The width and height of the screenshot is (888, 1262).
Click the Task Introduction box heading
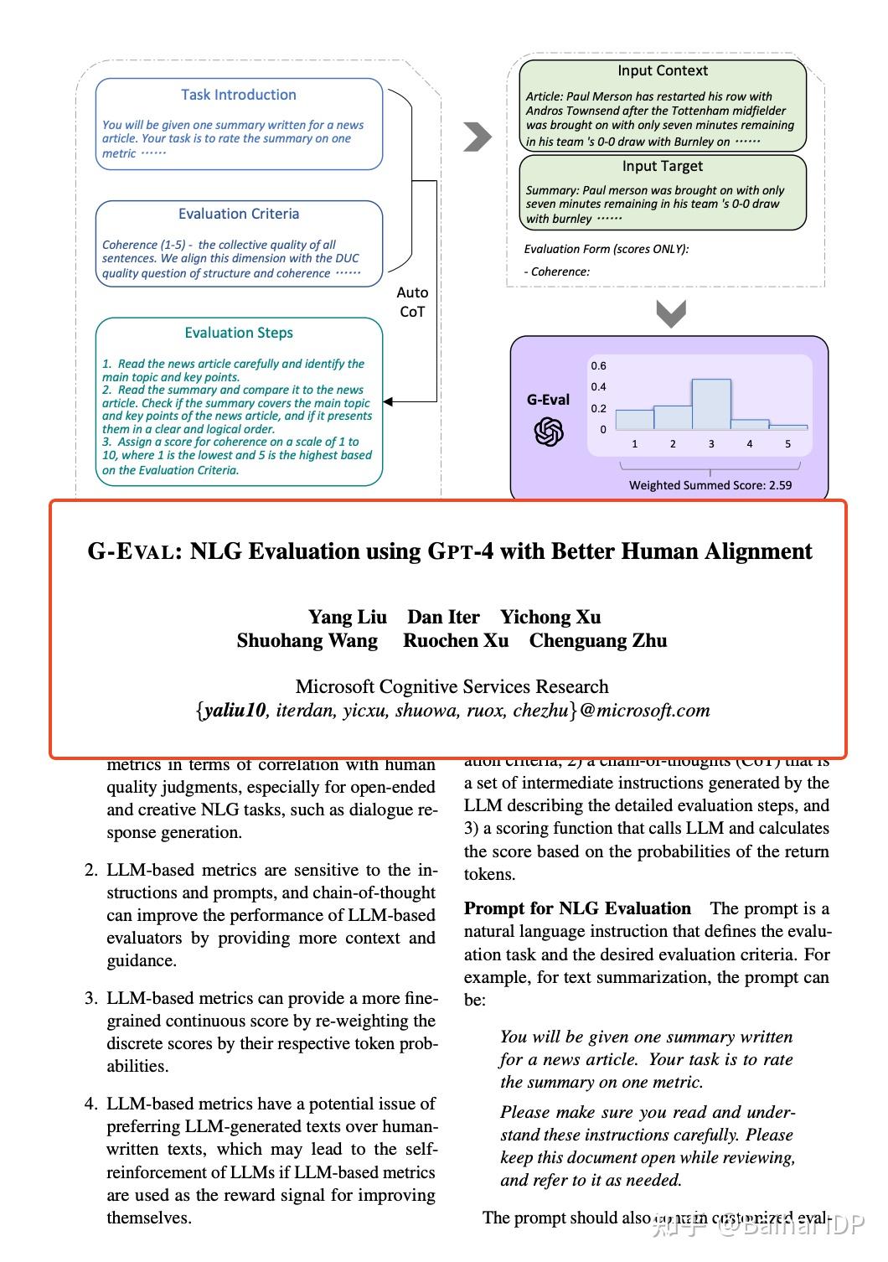239,95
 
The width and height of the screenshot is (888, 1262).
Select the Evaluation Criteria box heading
239,214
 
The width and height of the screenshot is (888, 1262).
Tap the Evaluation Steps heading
239,333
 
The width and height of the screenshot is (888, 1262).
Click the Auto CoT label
412,302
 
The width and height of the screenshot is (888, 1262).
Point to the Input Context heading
663,71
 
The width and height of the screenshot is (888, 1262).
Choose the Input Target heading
663,166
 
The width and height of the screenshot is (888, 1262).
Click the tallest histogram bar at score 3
711,405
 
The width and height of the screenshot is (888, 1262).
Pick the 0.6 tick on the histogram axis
598,366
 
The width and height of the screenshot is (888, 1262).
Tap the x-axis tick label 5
787,444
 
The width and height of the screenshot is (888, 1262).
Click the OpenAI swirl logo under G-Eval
549,432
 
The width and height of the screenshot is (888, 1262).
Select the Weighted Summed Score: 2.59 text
710,485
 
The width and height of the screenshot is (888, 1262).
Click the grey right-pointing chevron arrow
478,137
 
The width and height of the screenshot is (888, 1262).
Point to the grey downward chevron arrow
671,314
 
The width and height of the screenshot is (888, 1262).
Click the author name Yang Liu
348,618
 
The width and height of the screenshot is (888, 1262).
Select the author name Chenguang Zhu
598,641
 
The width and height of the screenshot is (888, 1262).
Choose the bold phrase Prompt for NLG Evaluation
577,908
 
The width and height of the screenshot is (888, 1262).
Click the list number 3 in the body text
90,998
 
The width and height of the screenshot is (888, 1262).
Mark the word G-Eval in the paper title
132,551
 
